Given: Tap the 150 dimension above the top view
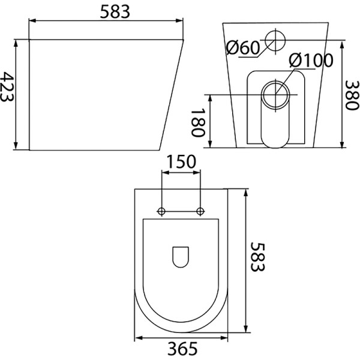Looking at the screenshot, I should pyautogui.click(x=181, y=162).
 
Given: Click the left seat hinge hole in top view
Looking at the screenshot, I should pyautogui.click(x=161, y=211).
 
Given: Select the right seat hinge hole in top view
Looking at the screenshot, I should pyautogui.click(x=200, y=211).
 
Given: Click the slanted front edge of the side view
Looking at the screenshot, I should pyautogui.click(x=171, y=95).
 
